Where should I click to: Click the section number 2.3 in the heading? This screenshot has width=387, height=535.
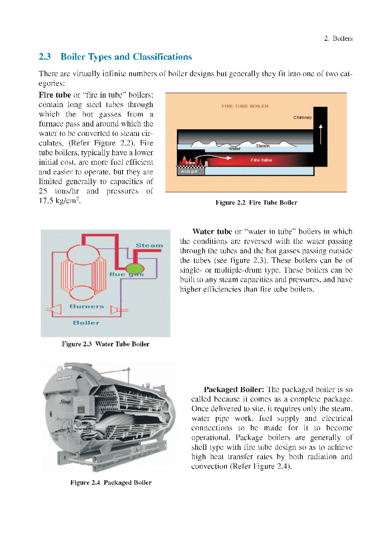pos(45,57)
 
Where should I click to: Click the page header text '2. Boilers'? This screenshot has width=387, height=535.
pos(338,38)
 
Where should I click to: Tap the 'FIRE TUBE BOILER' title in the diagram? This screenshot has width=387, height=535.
pos(245,106)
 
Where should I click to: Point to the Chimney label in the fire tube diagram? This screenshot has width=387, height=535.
pos(302,117)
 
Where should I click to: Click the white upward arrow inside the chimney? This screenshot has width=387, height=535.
pos(320,129)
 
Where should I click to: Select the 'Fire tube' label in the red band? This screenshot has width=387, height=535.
pos(261,160)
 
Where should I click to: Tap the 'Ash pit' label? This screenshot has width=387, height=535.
pos(189,171)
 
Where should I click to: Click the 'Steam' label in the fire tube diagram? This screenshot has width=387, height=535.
pos(262,146)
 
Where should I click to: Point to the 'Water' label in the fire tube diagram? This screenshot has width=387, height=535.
pos(234,149)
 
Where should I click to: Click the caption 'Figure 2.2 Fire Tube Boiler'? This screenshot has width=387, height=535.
pos(256,203)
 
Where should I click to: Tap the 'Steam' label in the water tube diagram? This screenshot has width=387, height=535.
pos(149,245)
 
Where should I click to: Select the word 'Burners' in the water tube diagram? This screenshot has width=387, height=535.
pos(87,306)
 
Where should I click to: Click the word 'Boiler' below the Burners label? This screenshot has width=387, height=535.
pos(86,323)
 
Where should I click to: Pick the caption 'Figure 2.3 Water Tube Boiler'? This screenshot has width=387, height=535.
pos(105,344)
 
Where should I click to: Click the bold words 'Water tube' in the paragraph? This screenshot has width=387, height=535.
pos(212,231)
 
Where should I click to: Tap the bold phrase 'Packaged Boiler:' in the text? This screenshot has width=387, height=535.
pos(234,390)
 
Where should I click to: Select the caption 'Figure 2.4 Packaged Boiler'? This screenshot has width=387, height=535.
pos(111,483)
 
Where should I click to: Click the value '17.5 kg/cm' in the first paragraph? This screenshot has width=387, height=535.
pos(57,201)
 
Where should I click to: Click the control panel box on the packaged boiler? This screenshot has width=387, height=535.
pos(80,408)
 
